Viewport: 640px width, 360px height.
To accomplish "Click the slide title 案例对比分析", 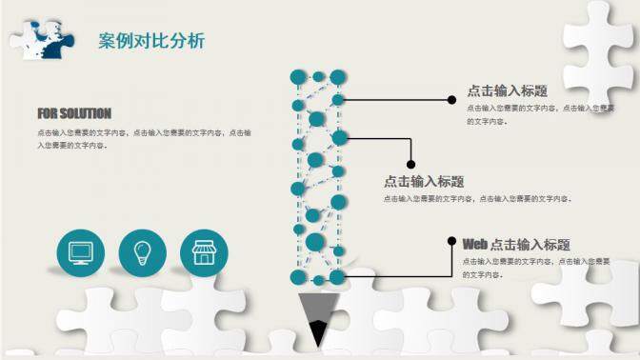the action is pyautogui.click(x=150, y=41).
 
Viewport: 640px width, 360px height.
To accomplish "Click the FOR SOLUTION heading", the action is pyautogui.click(x=74, y=113).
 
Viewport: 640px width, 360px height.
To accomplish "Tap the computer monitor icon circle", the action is pyautogui.click(x=80, y=251).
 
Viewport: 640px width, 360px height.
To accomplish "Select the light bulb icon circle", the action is pyautogui.click(x=142, y=251).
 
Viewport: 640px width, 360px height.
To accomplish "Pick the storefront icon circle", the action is pyautogui.click(x=204, y=251).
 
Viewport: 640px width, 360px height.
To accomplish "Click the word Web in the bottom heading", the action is pyautogui.click(x=474, y=245).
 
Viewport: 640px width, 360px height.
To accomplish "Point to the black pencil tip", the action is pyautogui.click(x=317, y=333).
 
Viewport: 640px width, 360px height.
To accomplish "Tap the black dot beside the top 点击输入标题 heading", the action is pyautogui.click(x=451, y=99).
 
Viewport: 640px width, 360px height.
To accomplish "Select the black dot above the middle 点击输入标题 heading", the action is pyautogui.click(x=410, y=164).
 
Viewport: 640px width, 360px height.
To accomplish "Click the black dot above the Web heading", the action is pyautogui.click(x=451, y=241).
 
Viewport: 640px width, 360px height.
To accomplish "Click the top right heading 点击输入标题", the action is pyautogui.click(x=508, y=91).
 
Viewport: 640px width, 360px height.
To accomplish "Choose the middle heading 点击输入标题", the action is pyautogui.click(x=424, y=181).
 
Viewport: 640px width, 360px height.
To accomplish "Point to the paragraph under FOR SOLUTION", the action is pyautogui.click(x=143, y=139).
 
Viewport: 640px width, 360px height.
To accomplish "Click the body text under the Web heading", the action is pyautogui.click(x=535, y=267).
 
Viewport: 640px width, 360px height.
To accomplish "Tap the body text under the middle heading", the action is pyautogui.click(x=476, y=199).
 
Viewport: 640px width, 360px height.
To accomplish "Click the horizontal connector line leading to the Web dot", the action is pyautogui.click(x=400, y=276).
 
